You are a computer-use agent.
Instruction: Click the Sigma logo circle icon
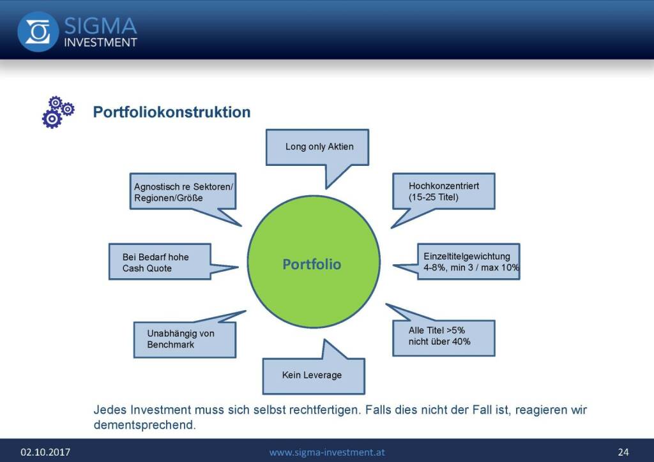point(38,31)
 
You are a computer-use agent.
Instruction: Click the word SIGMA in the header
point(100,26)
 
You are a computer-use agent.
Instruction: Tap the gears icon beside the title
point(58,112)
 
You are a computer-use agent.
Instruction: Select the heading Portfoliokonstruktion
point(172,112)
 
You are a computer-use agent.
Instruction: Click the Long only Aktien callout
point(319,147)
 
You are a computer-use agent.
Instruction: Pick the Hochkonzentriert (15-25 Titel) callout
point(443,191)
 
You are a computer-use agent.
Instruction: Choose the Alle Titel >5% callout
point(443,336)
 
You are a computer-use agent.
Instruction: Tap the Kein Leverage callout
point(313,375)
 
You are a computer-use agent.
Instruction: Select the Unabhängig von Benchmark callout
point(184,339)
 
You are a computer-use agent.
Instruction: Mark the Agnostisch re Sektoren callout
point(183,192)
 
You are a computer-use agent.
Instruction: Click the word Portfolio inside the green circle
point(312,264)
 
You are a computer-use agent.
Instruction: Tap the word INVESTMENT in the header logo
point(100,43)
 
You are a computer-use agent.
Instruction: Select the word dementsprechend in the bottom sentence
point(144,424)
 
